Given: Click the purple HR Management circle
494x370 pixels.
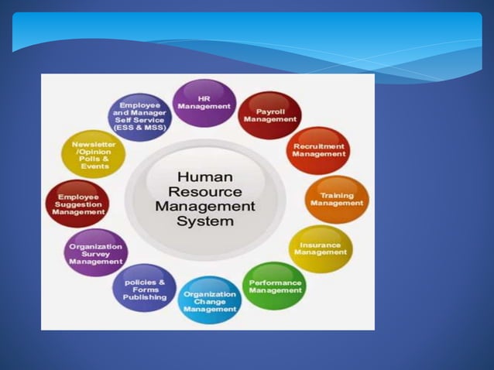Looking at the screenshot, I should coord(204,102).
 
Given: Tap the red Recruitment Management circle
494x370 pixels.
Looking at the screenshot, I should coord(318,150).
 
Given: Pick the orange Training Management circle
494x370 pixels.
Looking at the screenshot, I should coord(337,199).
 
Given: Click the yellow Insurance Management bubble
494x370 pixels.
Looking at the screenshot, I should coord(321,248).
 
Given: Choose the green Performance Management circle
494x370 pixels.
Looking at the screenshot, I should coord(275,286).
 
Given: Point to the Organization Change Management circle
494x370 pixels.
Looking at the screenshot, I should coord(211,300).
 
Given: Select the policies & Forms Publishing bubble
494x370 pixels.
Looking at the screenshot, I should coord(145,289).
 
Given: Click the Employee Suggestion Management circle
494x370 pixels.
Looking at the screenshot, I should coord(77,203).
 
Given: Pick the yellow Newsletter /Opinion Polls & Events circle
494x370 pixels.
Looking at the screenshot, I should coord(94,154).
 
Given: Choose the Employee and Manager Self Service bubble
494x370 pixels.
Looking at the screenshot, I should coord(140,116).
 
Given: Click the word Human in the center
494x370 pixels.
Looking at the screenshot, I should coord(205,176).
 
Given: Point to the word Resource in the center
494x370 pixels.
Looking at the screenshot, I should coord(205,191).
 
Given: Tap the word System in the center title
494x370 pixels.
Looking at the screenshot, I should coord(205,221).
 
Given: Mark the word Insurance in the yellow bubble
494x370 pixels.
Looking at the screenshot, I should coord(321,245).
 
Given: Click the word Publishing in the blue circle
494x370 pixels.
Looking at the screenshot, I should coord(145,297).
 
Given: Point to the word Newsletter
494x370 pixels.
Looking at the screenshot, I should coord(94,145).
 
